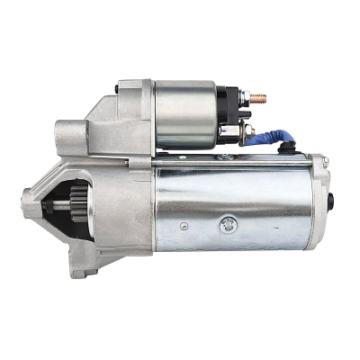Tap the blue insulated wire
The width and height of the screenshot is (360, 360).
click(x=270, y=132)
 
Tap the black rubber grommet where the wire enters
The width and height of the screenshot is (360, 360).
click(x=290, y=144)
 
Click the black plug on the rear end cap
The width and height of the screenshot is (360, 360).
click(x=332, y=202)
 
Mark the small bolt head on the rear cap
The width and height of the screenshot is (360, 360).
click(x=326, y=162)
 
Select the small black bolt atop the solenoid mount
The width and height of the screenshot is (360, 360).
click(x=121, y=88)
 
